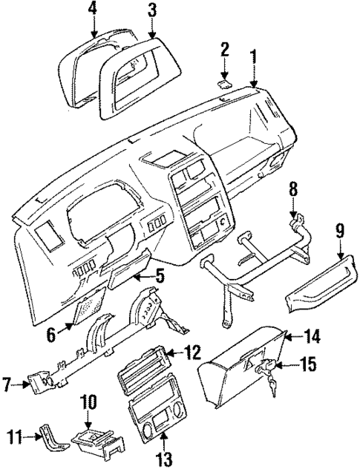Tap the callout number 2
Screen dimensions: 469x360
[x=225, y=50]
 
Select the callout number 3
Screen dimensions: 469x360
[x=151, y=10]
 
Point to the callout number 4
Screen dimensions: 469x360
[x=92, y=9]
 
